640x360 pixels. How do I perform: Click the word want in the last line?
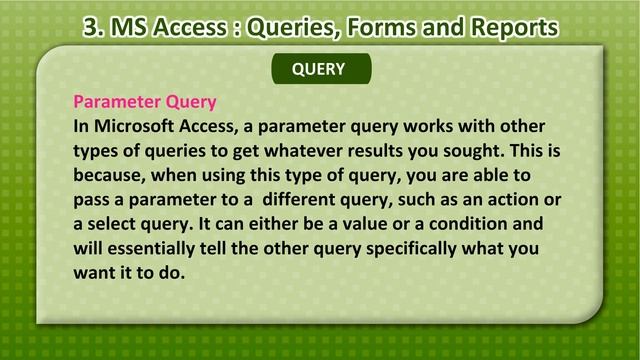pyautogui.click(x=95, y=270)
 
